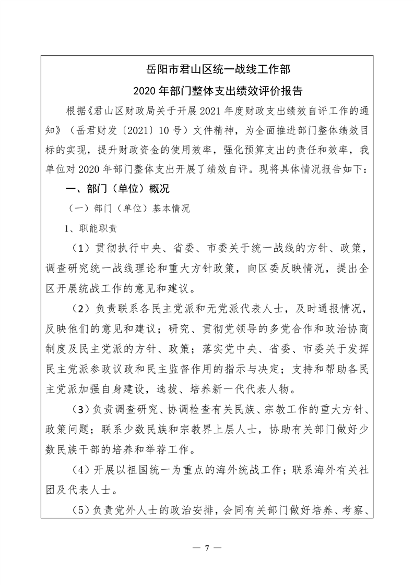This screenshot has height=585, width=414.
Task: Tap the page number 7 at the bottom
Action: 207,549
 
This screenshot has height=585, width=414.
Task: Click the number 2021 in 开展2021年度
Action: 212,112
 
